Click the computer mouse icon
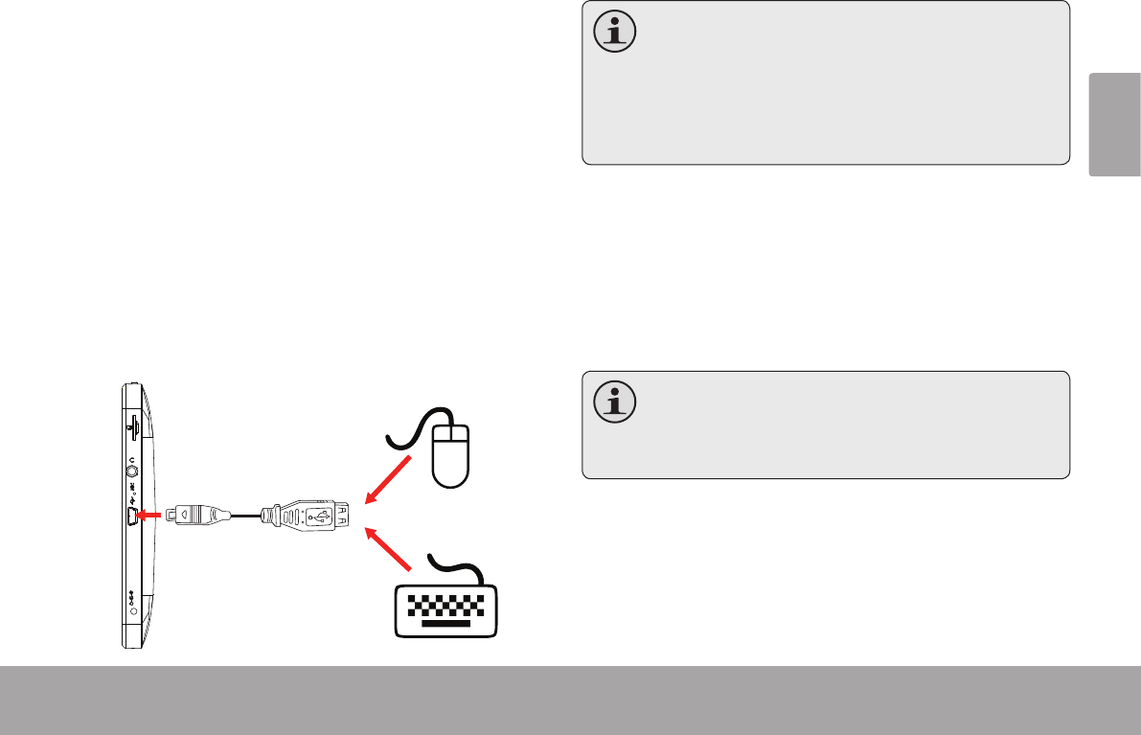(451, 455)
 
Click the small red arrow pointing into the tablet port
(148, 516)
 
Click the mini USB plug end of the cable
(188, 516)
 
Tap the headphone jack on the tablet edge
(132, 471)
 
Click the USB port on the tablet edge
(131, 516)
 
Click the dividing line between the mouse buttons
(451, 438)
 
